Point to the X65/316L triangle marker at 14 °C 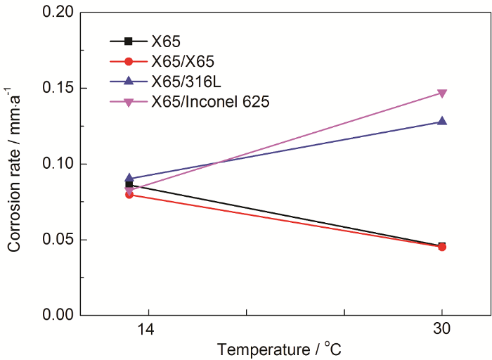click(x=129, y=179)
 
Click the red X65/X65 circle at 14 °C click(x=129, y=194)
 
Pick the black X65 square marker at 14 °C click(x=129, y=184)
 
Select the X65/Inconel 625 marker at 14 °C click(x=129, y=189)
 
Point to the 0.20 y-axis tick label click(x=58, y=13)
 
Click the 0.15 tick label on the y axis click(x=58, y=89)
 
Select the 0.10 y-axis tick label click(x=58, y=164)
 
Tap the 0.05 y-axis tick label click(x=58, y=240)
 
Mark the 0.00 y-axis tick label click(x=58, y=315)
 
